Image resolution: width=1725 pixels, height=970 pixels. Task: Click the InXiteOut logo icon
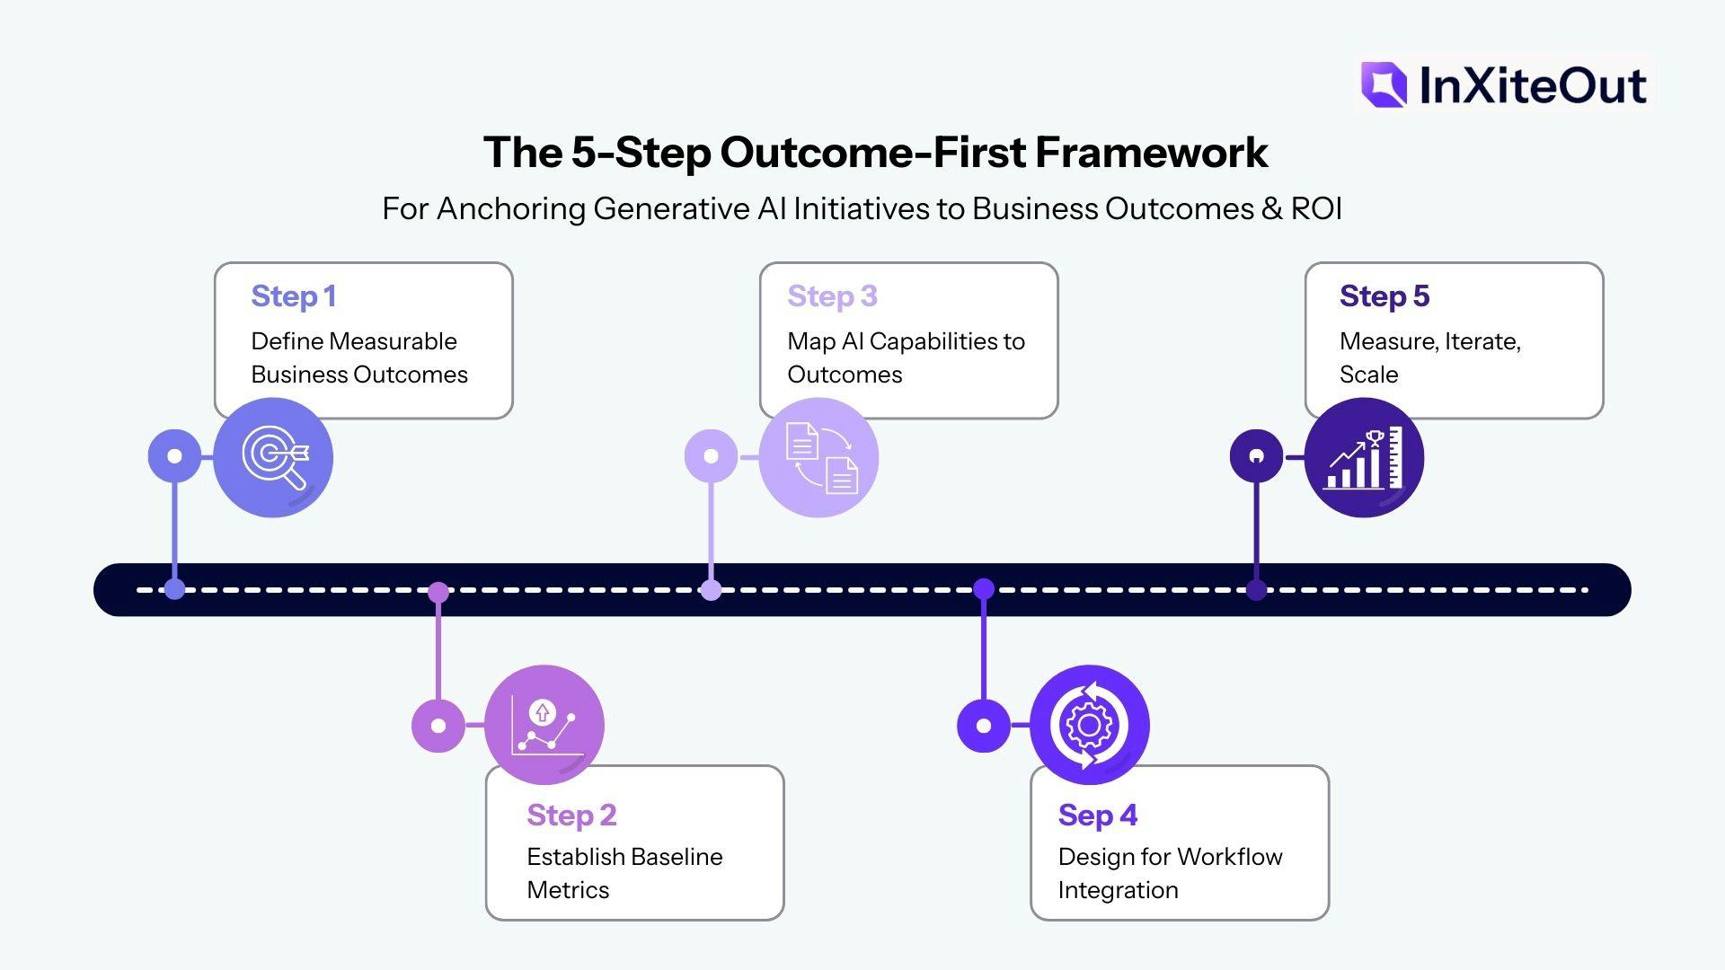click(x=1384, y=85)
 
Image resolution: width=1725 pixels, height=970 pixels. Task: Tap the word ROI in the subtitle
click(x=1316, y=209)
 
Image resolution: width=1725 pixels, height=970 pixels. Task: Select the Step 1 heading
click(x=294, y=296)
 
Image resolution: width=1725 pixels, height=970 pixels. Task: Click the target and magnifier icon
click(x=274, y=458)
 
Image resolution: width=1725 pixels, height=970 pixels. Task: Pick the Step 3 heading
click(x=832, y=296)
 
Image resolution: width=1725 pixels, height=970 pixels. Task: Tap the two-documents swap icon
click(x=819, y=458)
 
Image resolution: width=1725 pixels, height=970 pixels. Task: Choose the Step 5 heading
click(x=1384, y=296)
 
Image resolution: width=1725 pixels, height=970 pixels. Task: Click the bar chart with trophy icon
click(x=1364, y=458)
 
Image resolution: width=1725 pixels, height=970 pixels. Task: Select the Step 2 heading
click(x=571, y=816)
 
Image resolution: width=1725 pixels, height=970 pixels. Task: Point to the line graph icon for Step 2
click(x=544, y=725)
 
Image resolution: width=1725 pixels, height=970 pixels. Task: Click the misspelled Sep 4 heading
click(x=1097, y=816)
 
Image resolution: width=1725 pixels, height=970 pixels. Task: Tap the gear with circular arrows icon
click(x=1089, y=725)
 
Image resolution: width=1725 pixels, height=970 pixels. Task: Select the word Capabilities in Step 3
click(x=933, y=342)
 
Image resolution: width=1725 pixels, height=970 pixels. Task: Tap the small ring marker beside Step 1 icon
click(x=175, y=456)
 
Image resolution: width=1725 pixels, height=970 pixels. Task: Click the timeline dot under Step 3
click(x=711, y=590)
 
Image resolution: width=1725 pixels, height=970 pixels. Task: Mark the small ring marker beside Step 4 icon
click(x=984, y=726)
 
